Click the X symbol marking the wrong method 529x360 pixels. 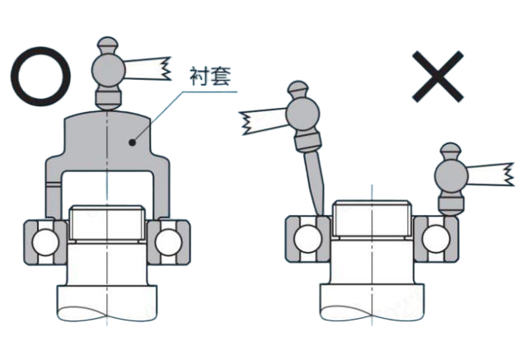click(438, 77)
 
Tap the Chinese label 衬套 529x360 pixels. click(210, 77)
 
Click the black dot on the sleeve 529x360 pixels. click(133, 143)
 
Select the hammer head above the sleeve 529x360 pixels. click(108, 72)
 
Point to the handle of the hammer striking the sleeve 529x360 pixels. click(147, 69)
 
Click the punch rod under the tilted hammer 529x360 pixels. click(315, 183)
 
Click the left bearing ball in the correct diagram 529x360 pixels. click(45, 242)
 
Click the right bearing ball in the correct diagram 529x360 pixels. click(168, 242)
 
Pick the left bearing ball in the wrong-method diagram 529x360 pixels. click(307, 239)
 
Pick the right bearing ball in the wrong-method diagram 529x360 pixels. click(436, 239)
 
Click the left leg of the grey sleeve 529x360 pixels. click(54, 189)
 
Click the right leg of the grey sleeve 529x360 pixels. click(161, 189)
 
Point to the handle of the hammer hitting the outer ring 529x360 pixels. click(491, 175)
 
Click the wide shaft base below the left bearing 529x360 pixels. click(106, 303)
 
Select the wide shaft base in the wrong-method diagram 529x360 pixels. click(372, 302)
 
